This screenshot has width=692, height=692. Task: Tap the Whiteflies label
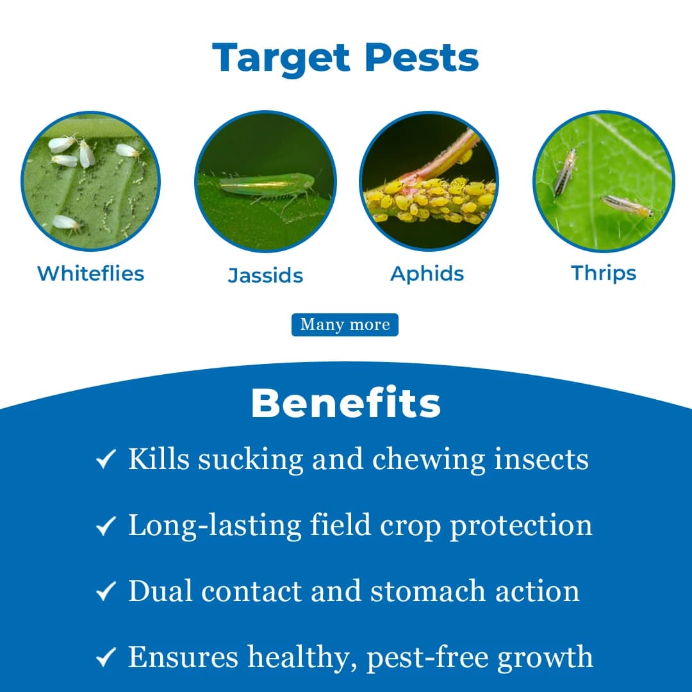pyautogui.click(x=90, y=273)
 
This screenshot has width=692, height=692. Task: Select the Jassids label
pyautogui.click(x=265, y=276)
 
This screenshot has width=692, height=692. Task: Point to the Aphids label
pyautogui.click(x=427, y=274)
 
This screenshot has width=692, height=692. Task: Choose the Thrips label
pyautogui.click(x=604, y=273)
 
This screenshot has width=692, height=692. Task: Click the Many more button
pyautogui.click(x=345, y=324)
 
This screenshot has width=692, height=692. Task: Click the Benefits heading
pyautogui.click(x=346, y=404)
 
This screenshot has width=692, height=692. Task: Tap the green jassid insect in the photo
pyautogui.click(x=266, y=186)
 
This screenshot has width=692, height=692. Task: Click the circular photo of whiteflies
pyautogui.click(x=90, y=182)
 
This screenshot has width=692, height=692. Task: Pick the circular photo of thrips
pyautogui.click(x=604, y=182)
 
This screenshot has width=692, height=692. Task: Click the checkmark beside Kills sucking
pyautogui.click(x=106, y=459)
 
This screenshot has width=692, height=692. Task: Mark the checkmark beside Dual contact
pyautogui.click(x=106, y=591)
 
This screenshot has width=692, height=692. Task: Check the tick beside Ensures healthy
pyautogui.click(x=106, y=657)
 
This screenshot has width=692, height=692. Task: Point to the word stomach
pyautogui.click(x=421, y=591)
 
